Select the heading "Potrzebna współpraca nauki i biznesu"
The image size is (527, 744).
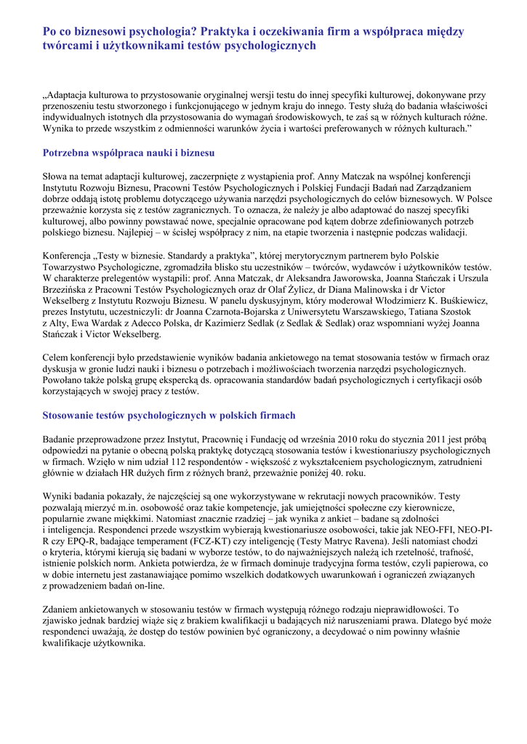coord(129,153)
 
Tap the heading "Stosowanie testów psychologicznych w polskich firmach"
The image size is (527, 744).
coord(169,416)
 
